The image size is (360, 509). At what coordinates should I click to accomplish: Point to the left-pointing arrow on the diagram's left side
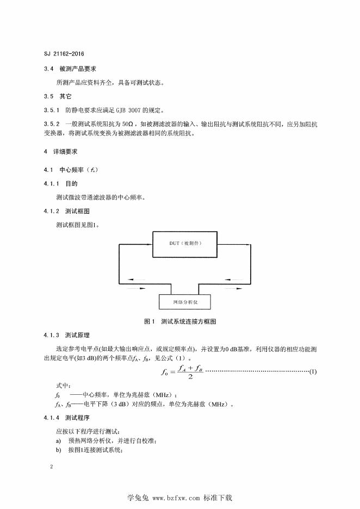[x=137, y=281]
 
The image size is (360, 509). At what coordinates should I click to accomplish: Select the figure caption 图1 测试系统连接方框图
[x=180, y=321]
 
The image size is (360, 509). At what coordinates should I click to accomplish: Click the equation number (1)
[x=312, y=372]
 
